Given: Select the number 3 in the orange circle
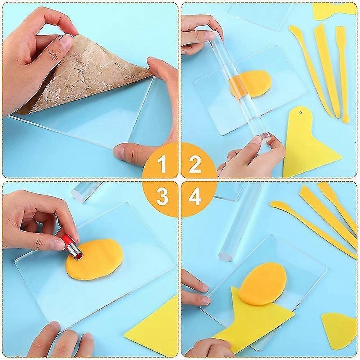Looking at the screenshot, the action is point(163,196).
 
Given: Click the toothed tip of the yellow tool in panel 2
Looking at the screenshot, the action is point(340,29).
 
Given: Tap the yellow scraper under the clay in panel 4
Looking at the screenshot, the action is point(252,322).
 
